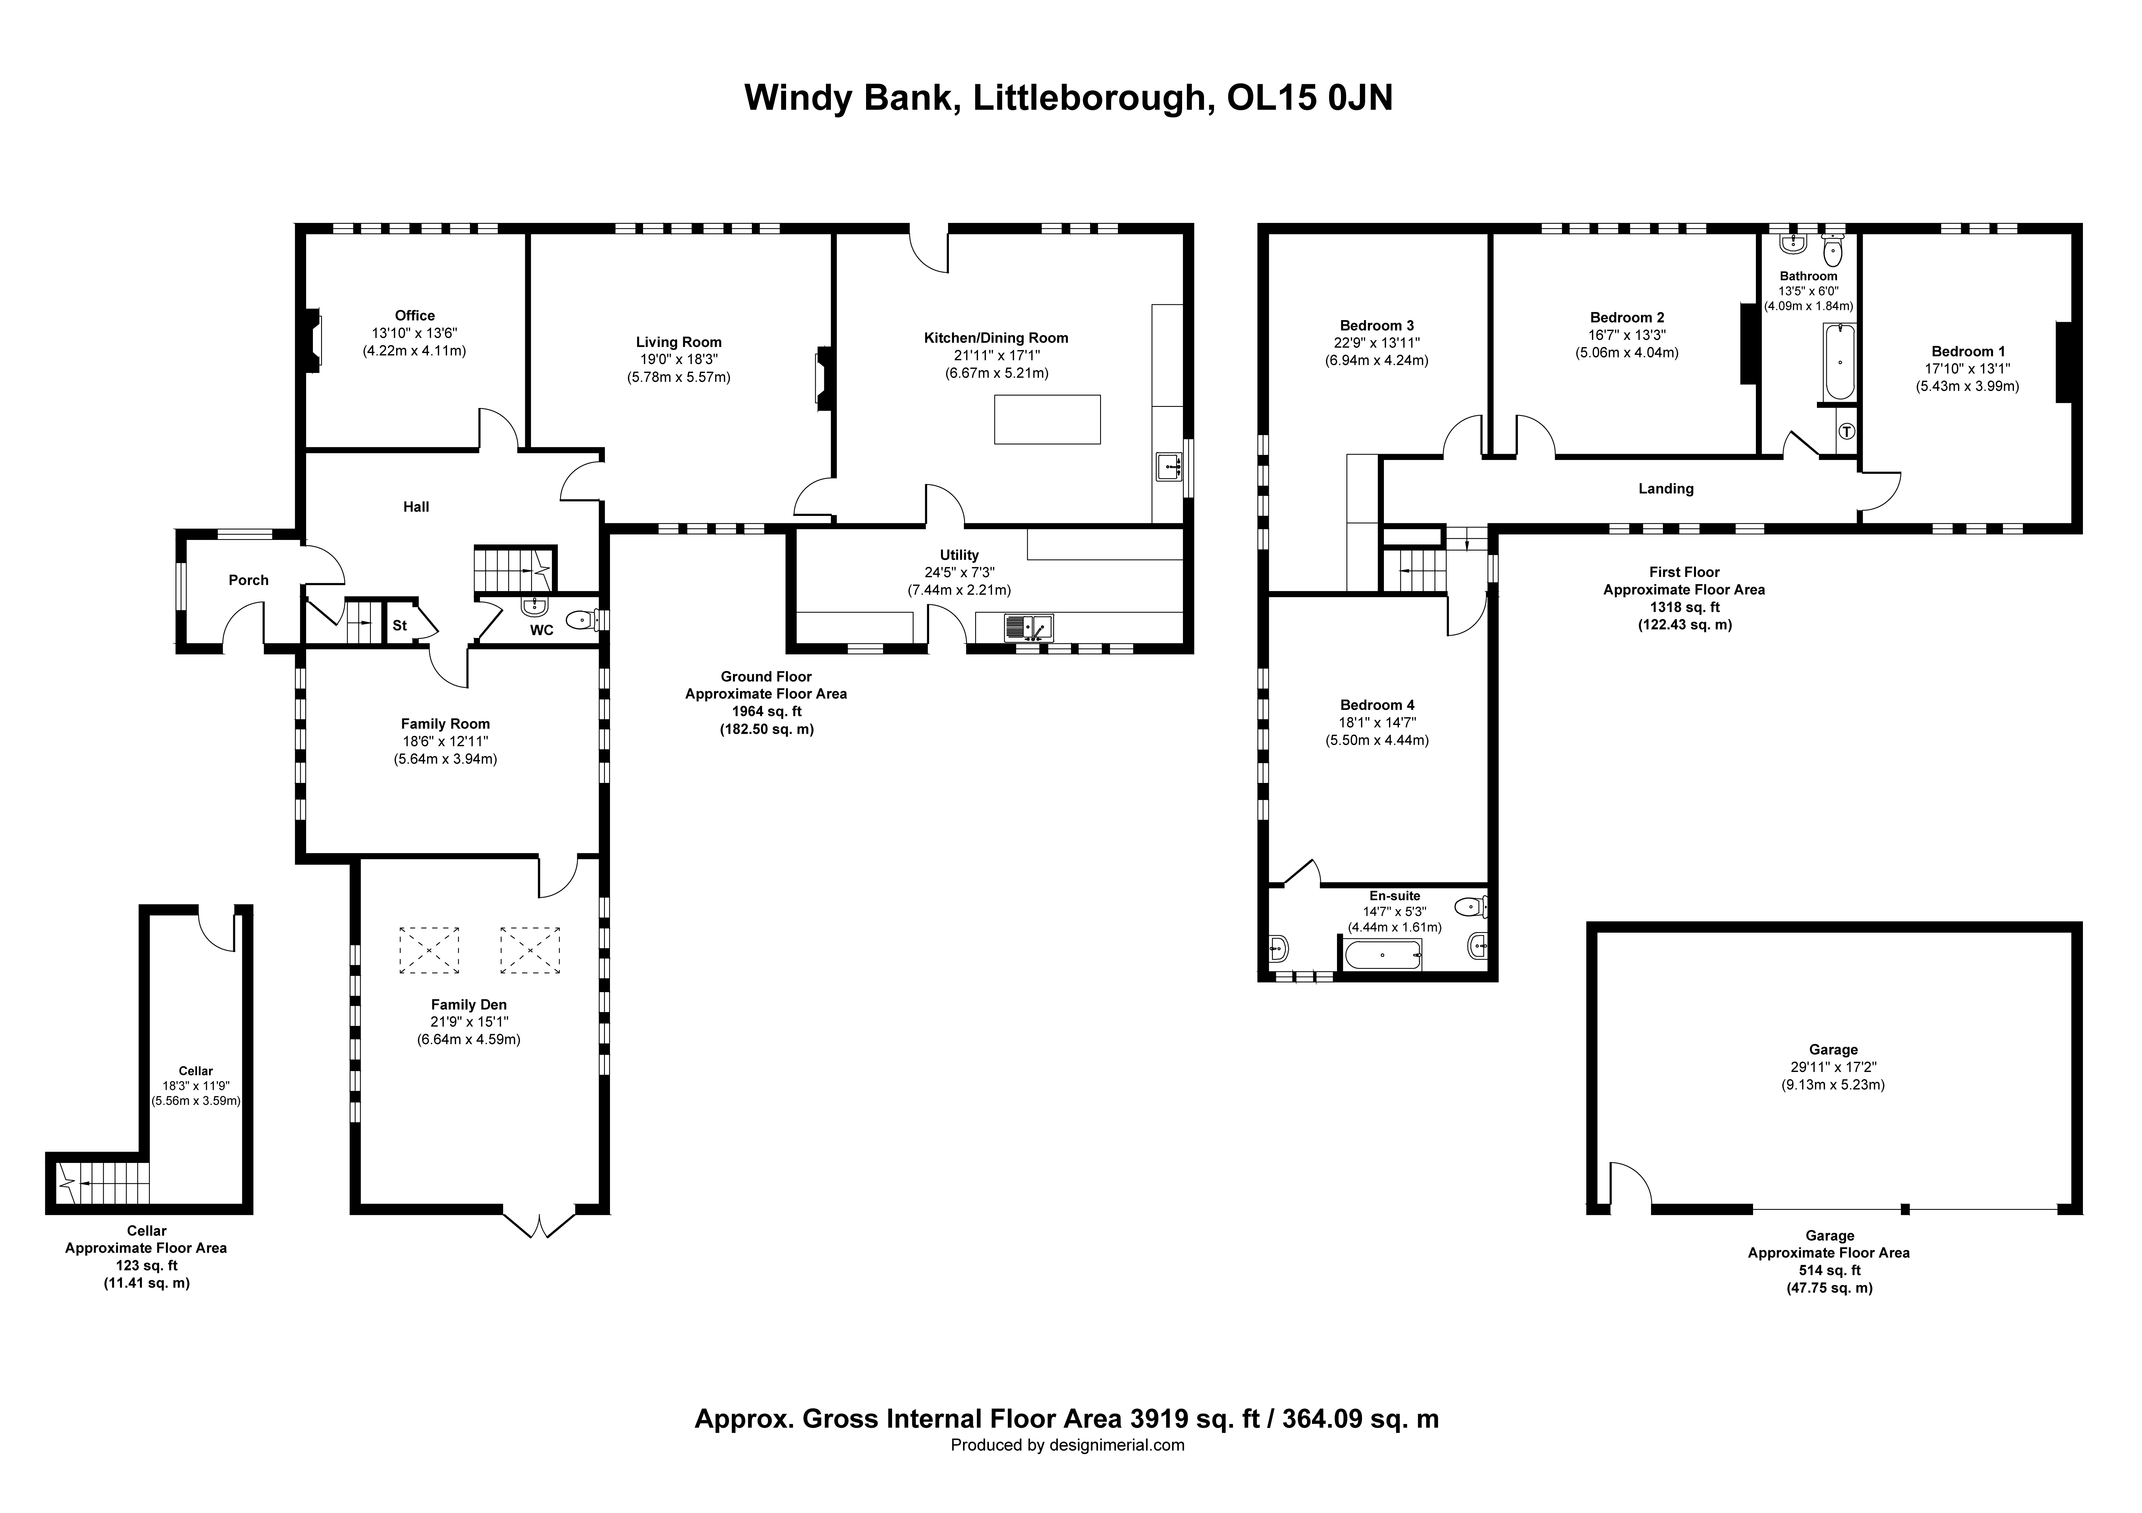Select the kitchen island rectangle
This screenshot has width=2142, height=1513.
[x=1047, y=419]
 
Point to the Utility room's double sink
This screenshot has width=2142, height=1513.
[x=1028, y=628]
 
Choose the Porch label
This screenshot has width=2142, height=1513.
[x=248, y=580]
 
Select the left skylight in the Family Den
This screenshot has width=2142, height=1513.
[x=429, y=950]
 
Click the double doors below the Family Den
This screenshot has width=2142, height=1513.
[x=539, y=1223]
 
